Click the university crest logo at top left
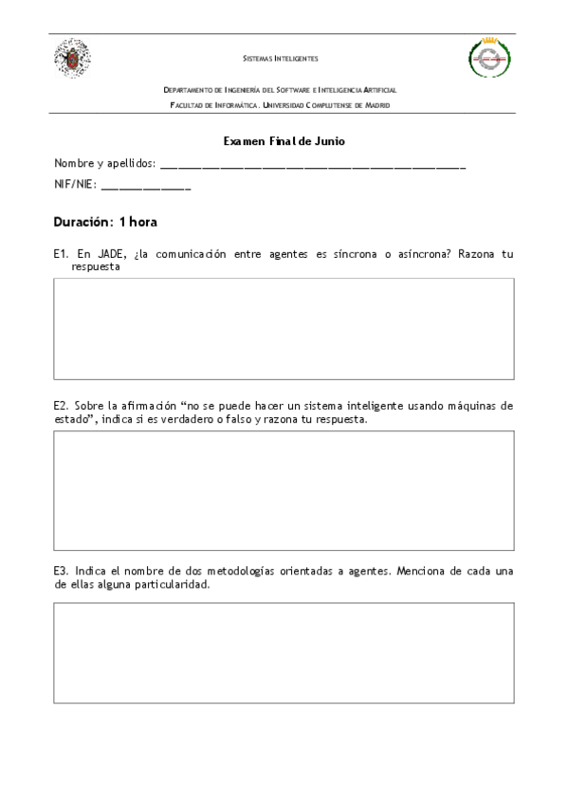click(72, 58)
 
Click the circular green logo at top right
click(490, 59)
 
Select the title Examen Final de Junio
click(284, 140)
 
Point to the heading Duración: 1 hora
click(105, 222)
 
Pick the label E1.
click(61, 254)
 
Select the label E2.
click(61, 405)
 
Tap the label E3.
click(61, 571)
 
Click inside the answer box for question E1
click(284, 328)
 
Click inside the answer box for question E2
click(284, 490)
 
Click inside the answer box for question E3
click(284, 653)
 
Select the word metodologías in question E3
click(244, 571)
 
